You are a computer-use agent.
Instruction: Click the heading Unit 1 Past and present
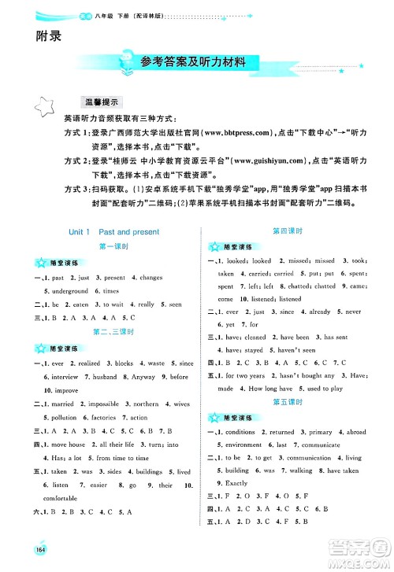pyautogui.click(x=113, y=232)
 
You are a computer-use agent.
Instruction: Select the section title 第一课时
pyautogui.click(x=113, y=247)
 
